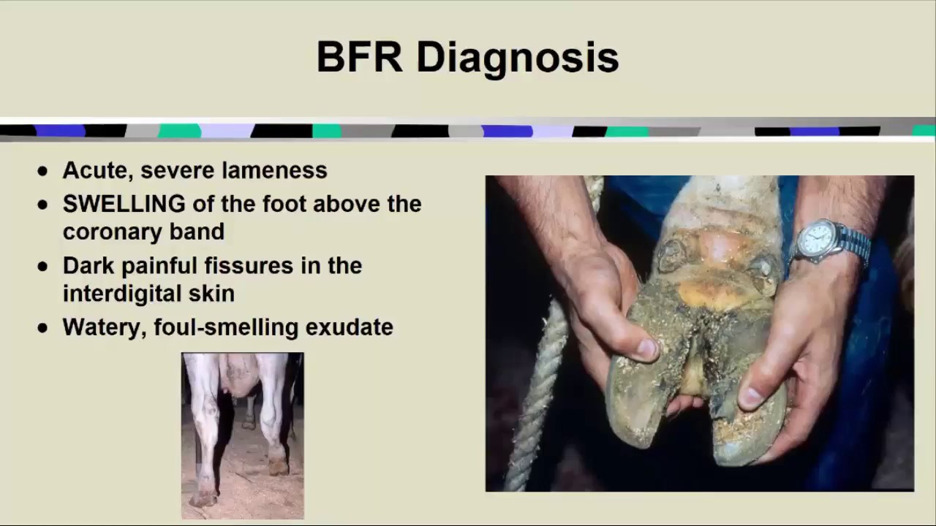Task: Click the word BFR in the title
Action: coord(359,57)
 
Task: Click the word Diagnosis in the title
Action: coord(518,59)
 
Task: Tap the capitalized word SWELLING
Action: coord(124,204)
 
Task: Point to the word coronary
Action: coord(112,232)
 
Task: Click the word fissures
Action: coord(249,265)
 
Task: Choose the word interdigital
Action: coord(122,294)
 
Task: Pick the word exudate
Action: coord(350,327)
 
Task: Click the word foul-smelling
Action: coord(226,327)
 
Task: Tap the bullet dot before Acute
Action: coord(42,171)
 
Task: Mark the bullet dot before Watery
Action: coord(42,328)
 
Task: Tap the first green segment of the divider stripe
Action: coord(180,131)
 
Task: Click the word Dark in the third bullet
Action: coord(88,265)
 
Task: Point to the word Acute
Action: coord(98,170)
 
